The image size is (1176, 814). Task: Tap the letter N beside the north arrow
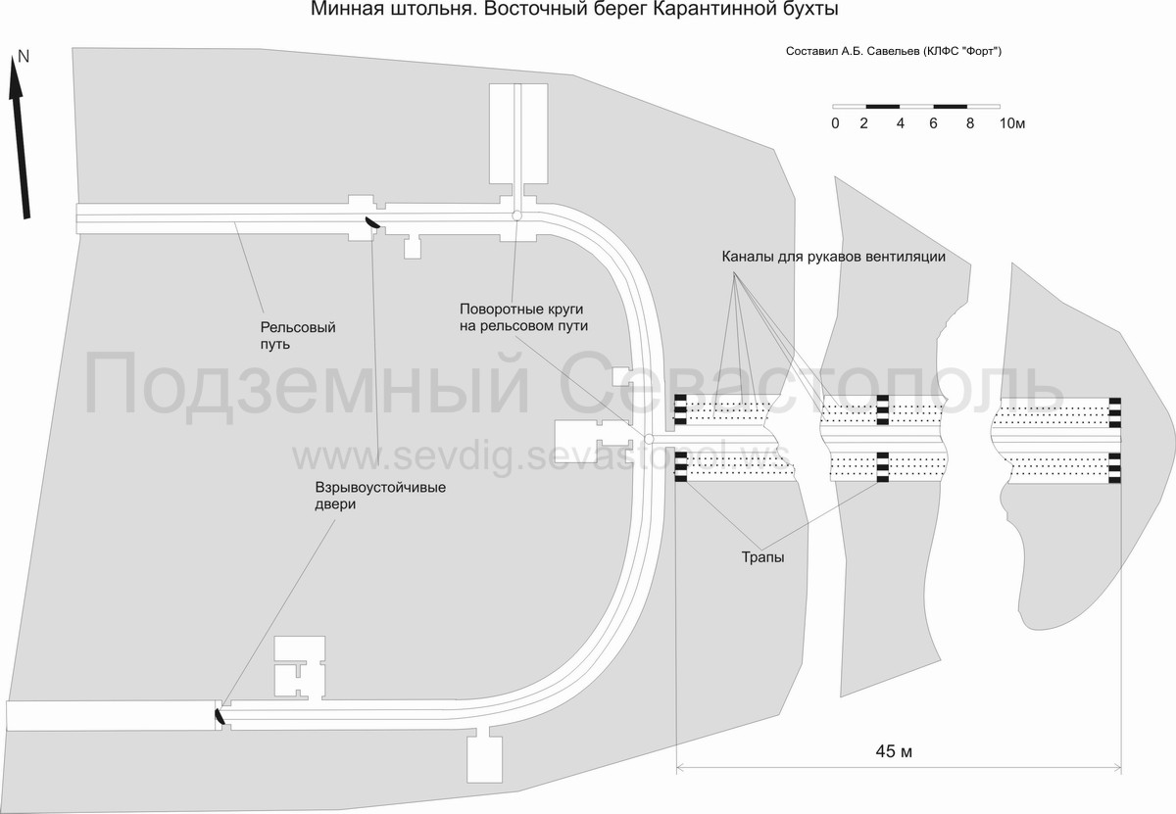[x=24, y=57]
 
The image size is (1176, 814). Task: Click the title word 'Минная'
[x=344, y=10]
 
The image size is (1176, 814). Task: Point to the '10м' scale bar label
[x=1011, y=124]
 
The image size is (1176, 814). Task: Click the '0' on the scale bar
[x=834, y=124]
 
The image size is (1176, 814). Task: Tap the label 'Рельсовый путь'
[x=298, y=336]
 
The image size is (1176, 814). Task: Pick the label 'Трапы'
[x=761, y=557]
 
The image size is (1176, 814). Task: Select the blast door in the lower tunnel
[x=220, y=717]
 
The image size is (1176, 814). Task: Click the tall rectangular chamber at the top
[x=516, y=132]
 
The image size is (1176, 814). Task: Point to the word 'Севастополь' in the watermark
[x=813, y=384]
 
